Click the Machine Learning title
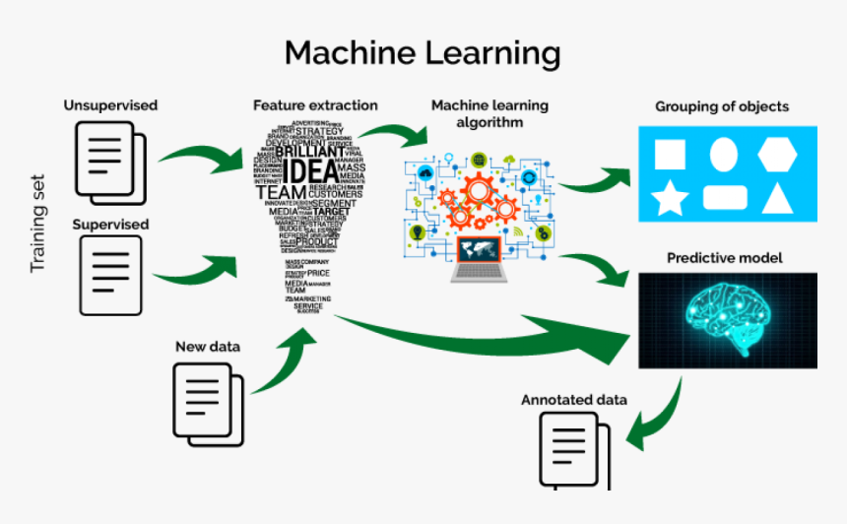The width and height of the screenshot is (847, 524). tap(423, 53)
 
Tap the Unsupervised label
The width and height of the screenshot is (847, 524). tap(110, 105)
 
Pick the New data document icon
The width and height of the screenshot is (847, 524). tap(208, 399)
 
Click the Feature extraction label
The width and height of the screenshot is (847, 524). tap(314, 105)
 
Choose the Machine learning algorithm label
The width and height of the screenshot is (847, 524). tap(490, 113)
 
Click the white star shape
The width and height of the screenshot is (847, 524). tap(670, 199)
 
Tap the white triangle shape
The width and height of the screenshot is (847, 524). tap(778, 199)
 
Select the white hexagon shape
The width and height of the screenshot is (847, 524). tap(778, 153)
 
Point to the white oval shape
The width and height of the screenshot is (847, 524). tap(724, 154)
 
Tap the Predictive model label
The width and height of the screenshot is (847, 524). tap(725, 258)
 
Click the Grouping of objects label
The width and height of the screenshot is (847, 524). tap(722, 106)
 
